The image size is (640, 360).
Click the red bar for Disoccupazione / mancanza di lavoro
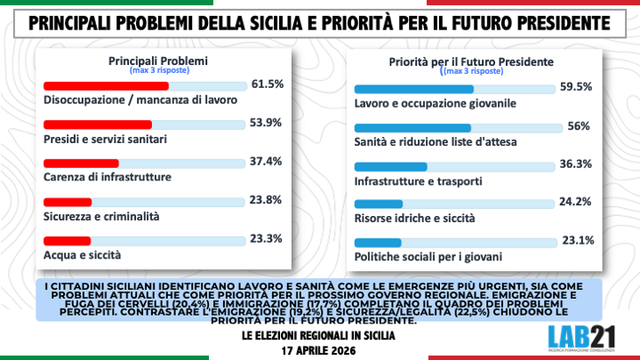pos(106,85)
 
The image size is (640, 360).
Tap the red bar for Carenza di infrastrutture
pos(81,163)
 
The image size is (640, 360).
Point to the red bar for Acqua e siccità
pos(67,240)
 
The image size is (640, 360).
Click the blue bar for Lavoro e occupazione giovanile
pos(414,89)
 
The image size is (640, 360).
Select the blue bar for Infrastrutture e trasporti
pos(391,166)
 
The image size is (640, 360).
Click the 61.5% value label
pos(268,84)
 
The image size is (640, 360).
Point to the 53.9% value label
pos(268,123)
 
